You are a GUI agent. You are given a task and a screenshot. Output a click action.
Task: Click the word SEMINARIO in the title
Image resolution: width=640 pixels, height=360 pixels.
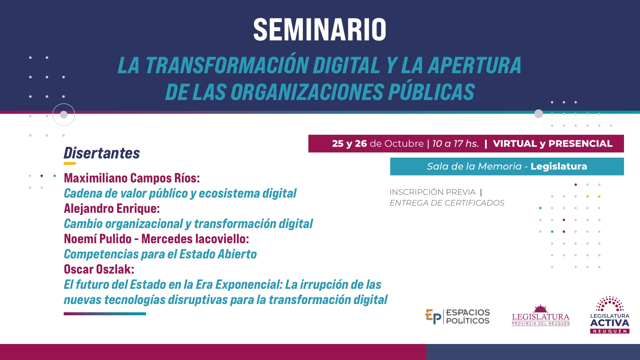320,30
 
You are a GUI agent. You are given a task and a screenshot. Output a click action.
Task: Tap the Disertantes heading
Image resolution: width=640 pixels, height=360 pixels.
102,153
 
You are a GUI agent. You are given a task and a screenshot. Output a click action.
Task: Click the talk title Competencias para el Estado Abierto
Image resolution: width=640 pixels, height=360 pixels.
160,254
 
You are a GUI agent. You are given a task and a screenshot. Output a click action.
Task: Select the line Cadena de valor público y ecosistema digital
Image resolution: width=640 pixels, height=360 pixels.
180,193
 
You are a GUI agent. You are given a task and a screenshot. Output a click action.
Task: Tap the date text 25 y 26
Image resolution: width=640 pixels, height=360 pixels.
349,144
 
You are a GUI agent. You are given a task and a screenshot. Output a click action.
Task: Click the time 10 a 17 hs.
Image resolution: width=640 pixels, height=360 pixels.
455,144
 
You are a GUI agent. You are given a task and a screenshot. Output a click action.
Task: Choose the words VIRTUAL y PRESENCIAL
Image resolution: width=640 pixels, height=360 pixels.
552,144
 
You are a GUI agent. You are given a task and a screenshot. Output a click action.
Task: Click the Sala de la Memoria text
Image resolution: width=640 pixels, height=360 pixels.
474,166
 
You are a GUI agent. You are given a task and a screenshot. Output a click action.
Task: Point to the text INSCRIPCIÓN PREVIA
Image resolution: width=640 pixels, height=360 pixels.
432,192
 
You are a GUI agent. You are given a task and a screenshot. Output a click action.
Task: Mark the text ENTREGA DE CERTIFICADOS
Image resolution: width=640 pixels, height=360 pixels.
447,203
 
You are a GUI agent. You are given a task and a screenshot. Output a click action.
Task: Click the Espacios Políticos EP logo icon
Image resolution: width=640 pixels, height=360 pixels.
433,316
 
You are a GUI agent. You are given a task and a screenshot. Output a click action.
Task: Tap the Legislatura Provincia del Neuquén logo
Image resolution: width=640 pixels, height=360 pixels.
540,315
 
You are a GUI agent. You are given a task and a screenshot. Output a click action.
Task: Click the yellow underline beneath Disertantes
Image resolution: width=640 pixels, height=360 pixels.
70,164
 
